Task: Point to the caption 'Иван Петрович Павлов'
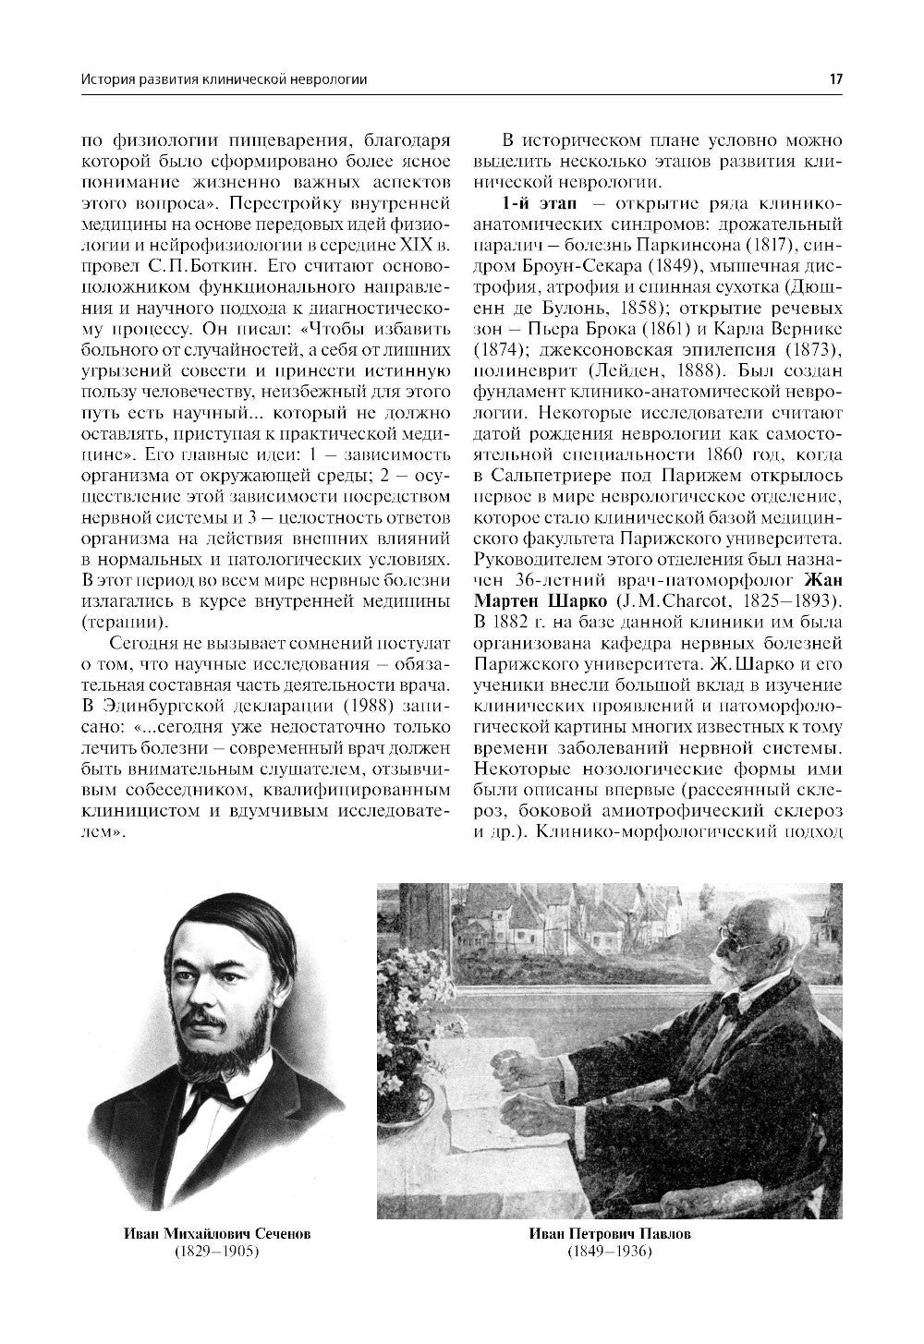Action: (x=610, y=1234)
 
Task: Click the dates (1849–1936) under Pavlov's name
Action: (x=610, y=1252)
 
